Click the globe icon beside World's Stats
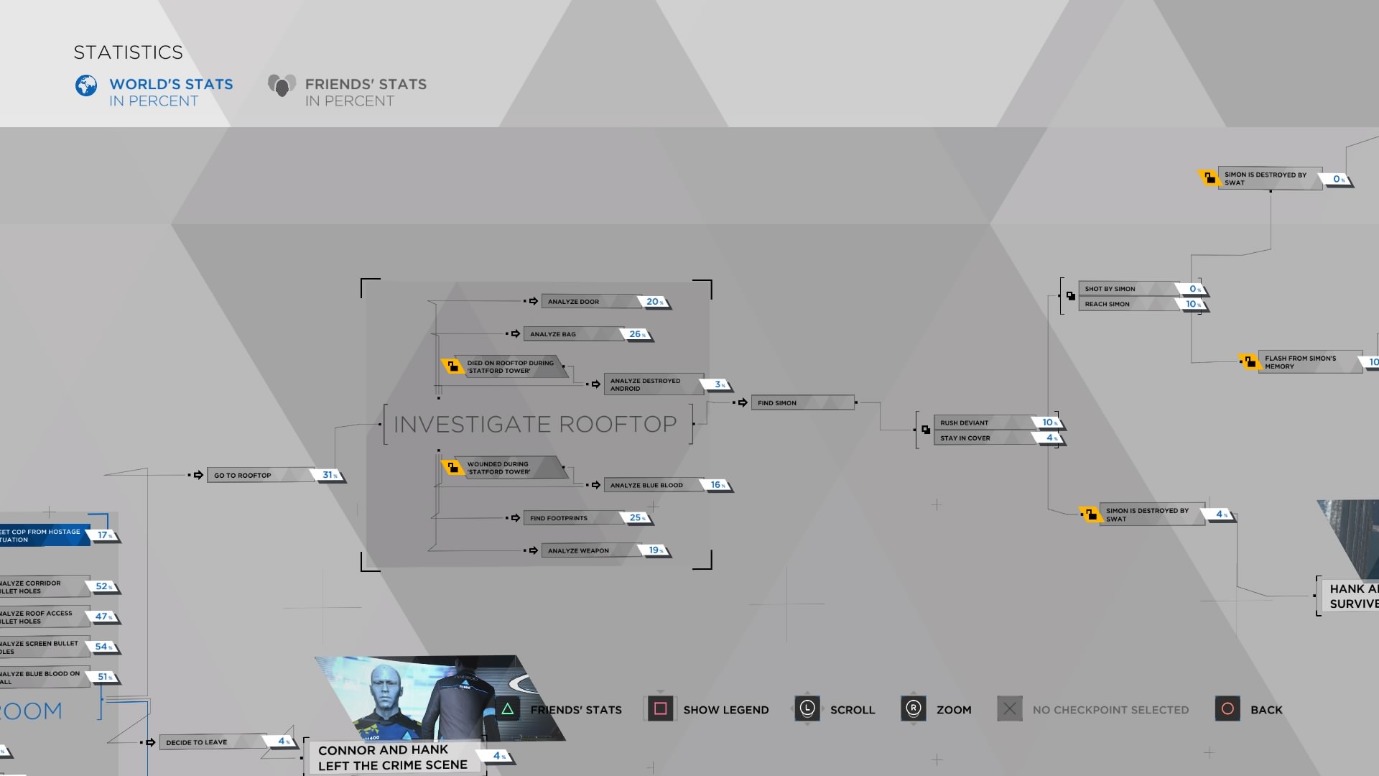pyautogui.click(x=86, y=86)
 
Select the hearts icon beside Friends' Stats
pyautogui.click(x=282, y=86)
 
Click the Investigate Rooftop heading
pyautogui.click(x=535, y=425)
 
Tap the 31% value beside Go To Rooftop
pyautogui.click(x=330, y=475)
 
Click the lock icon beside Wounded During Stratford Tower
pyautogui.click(x=452, y=468)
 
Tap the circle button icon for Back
pyautogui.click(x=1227, y=709)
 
